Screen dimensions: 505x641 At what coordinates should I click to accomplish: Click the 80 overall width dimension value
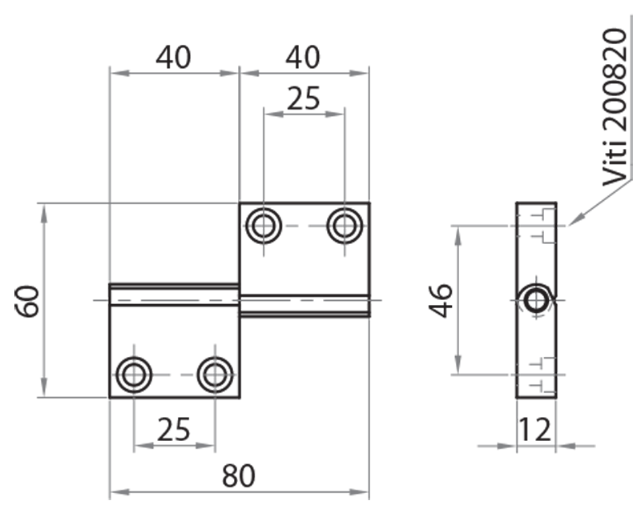pyautogui.click(x=238, y=475)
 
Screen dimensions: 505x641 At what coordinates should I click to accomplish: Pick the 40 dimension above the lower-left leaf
pyautogui.click(x=174, y=58)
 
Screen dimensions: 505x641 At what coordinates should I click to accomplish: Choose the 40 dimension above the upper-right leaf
pyautogui.click(x=303, y=58)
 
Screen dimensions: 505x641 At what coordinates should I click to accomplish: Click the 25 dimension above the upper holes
pyautogui.click(x=303, y=98)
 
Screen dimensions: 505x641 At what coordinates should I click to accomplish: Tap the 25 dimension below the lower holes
pyautogui.click(x=174, y=430)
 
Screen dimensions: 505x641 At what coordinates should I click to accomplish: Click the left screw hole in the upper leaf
pyautogui.click(x=263, y=226)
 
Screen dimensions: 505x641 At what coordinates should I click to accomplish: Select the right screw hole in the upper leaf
pyautogui.click(x=345, y=226)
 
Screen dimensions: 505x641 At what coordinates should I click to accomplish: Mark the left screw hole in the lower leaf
pyautogui.click(x=134, y=374)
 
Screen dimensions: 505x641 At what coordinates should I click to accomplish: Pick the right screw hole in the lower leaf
pyautogui.click(x=215, y=374)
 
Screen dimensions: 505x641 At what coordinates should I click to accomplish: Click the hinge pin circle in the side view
pyautogui.click(x=536, y=300)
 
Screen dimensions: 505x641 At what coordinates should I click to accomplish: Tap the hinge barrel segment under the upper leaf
pyautogui.click(x=304, y=305)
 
